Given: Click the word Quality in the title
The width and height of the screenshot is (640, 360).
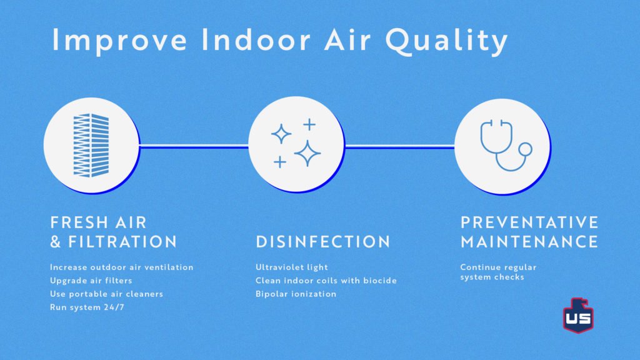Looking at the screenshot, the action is [446, 41].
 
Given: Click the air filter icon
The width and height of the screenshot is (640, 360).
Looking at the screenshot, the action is [91, 145].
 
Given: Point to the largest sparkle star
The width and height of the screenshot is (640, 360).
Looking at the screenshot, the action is [307, 154].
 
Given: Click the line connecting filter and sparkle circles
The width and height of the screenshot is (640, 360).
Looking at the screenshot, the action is [194, 146].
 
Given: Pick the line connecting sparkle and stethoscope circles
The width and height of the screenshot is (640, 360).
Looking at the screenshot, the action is [399, 146].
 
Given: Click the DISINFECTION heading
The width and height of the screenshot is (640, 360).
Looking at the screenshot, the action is [323, 242].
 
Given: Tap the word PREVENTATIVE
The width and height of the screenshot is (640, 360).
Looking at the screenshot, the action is [529, 222].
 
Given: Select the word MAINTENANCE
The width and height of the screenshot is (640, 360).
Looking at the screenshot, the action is [529, 242].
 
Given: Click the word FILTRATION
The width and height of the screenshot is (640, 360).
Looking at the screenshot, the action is [122, 242].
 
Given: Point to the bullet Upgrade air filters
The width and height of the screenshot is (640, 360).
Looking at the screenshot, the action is [91, 281].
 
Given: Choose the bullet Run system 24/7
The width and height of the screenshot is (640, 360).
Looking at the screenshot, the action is [87, 307].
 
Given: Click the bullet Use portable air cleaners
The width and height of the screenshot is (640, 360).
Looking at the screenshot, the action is [106, 294].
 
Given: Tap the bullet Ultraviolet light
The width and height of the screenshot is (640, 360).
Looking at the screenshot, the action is [292, 267].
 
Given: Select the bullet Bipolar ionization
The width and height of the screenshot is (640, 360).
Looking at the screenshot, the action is [296, 294].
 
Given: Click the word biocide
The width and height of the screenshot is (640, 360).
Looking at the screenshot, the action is [380, 281].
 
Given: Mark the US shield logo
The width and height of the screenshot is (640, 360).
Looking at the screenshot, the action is [578, 315].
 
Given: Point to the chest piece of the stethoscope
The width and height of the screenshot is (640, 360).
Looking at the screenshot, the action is [525, 149].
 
